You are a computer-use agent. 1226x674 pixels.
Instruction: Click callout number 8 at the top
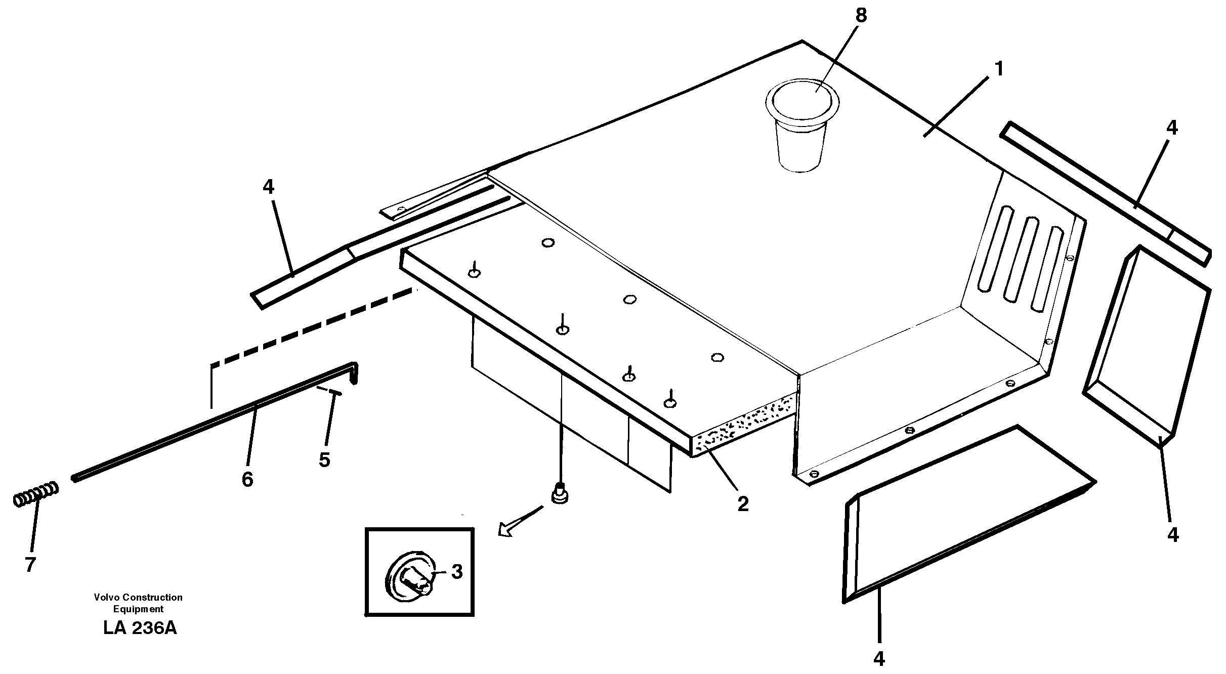(861, 16)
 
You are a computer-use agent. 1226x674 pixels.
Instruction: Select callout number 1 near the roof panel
(998, 69)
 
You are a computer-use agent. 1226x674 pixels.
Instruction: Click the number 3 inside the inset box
(456, 572)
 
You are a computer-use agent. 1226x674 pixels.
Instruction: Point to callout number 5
(324, 459)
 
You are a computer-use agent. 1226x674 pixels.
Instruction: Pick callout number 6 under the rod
(247, 479)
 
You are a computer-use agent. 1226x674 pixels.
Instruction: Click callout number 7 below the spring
(30, 564)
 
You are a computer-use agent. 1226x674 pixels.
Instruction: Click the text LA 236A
(140, 628)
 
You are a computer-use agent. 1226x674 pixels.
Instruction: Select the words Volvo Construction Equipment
(138, 603)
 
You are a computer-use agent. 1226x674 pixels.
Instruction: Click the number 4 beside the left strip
(268, 187)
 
